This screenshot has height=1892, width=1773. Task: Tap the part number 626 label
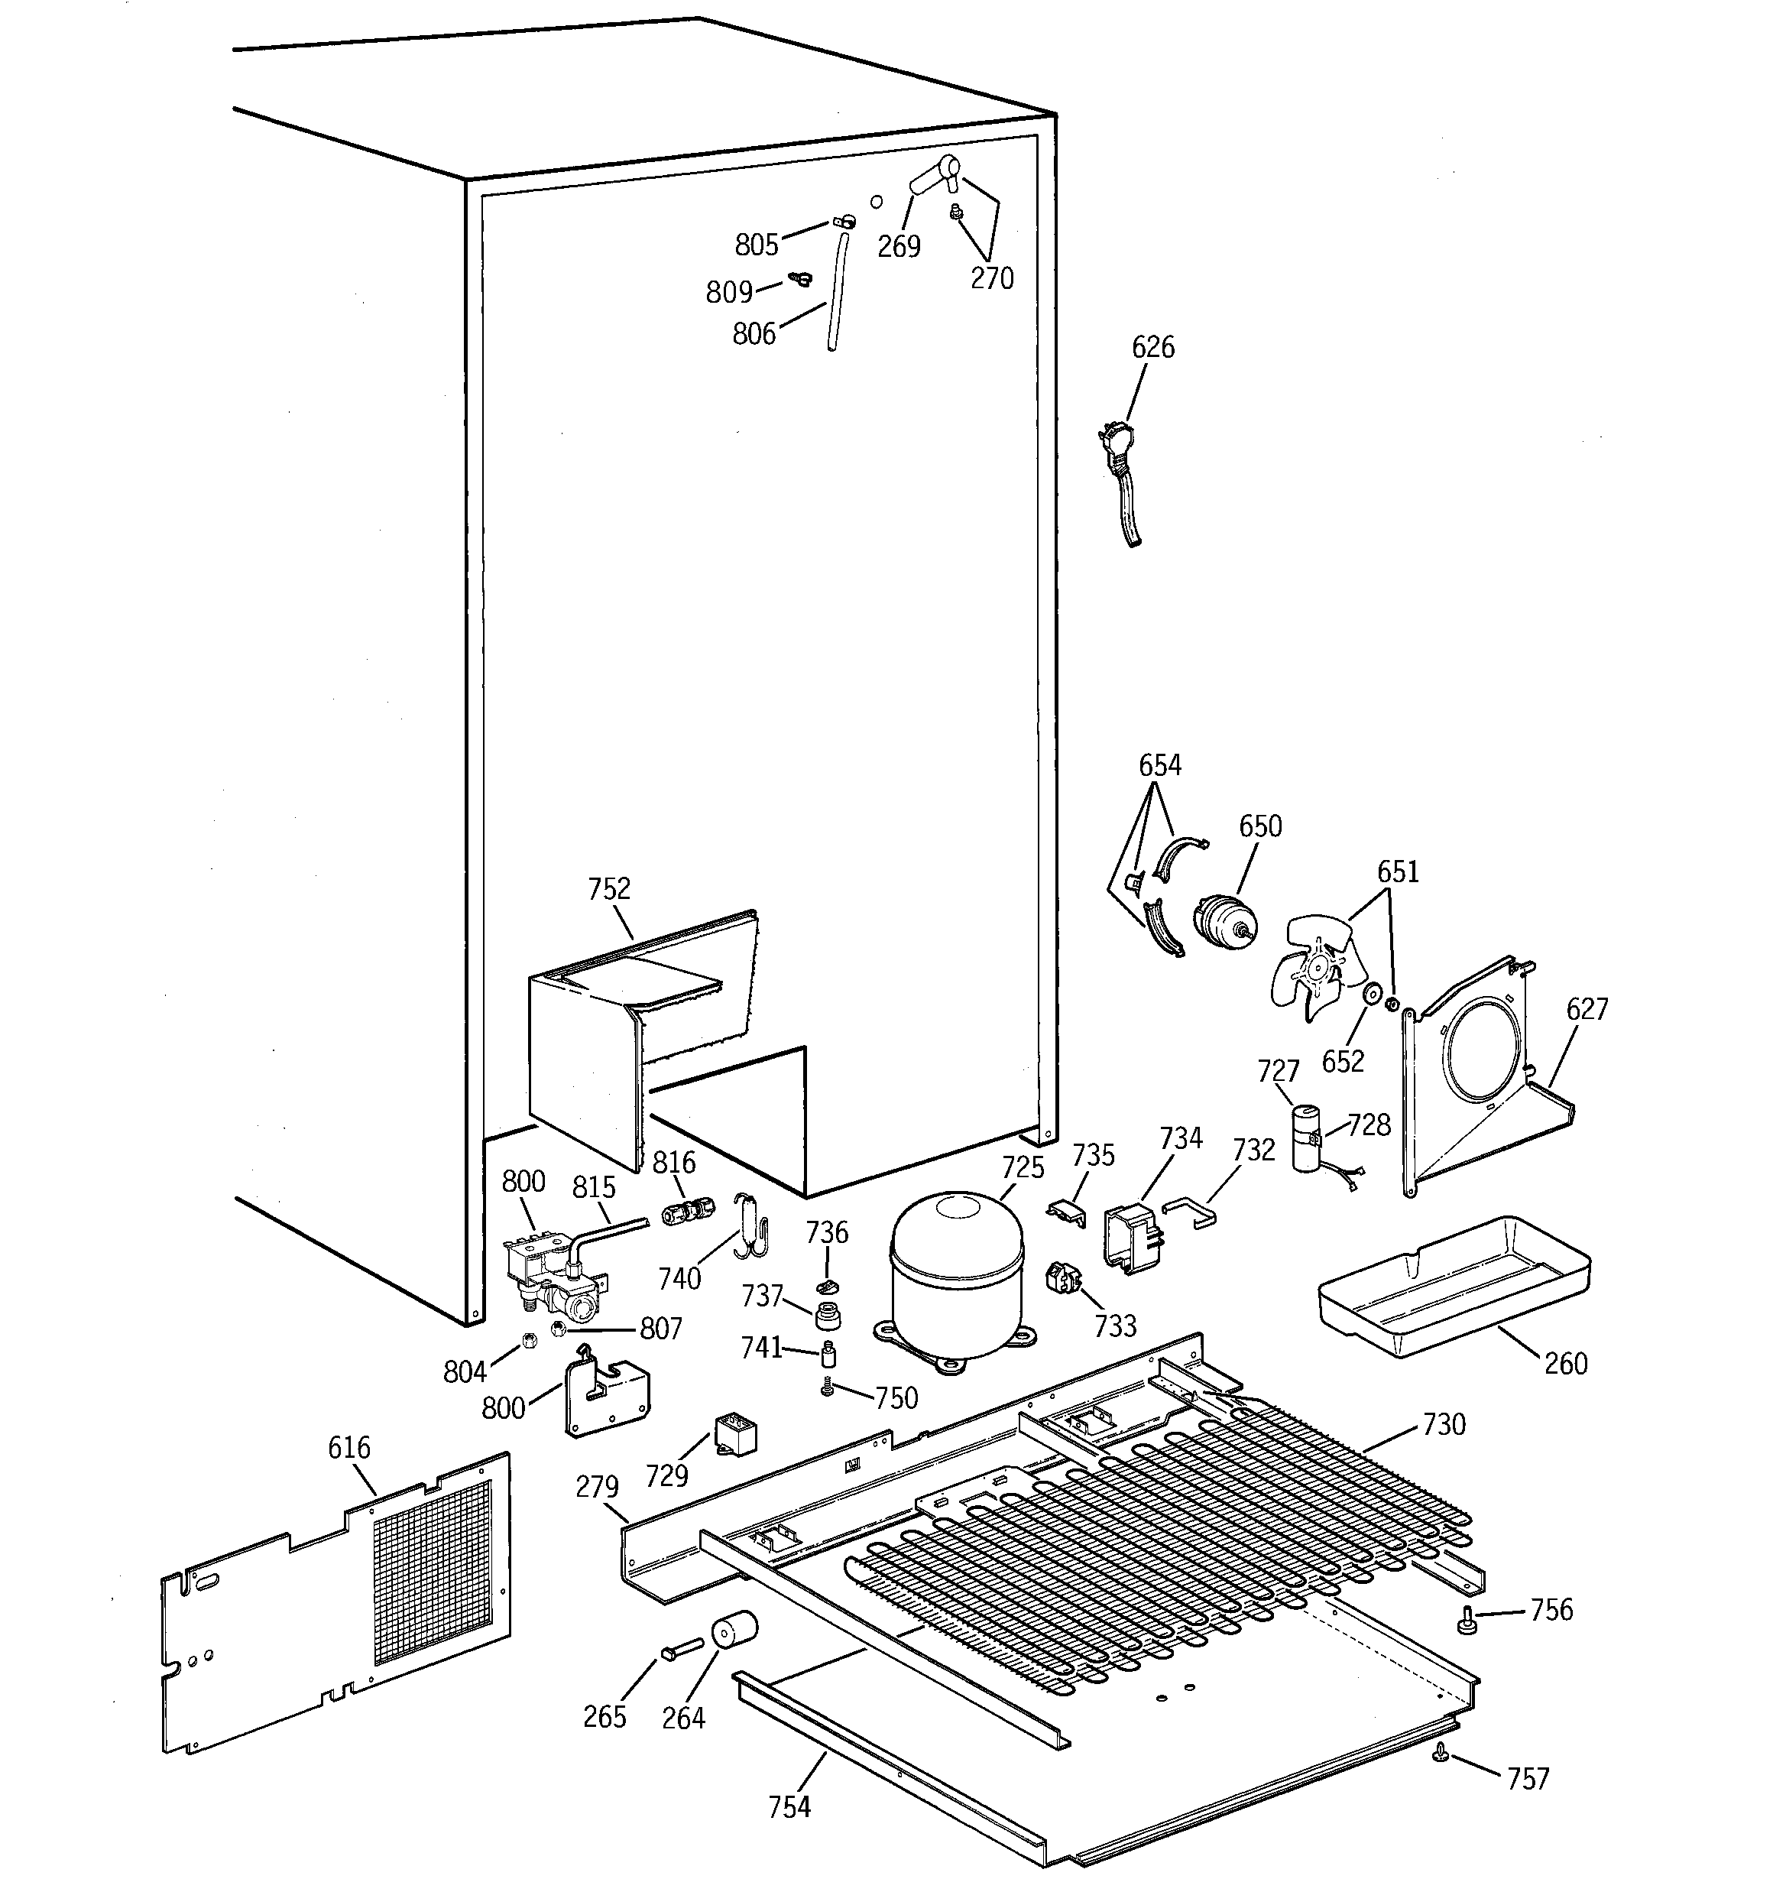coord(1152,347)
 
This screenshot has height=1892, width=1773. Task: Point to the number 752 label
coord(609,889)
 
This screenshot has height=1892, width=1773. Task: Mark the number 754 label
coord(789,1806)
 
